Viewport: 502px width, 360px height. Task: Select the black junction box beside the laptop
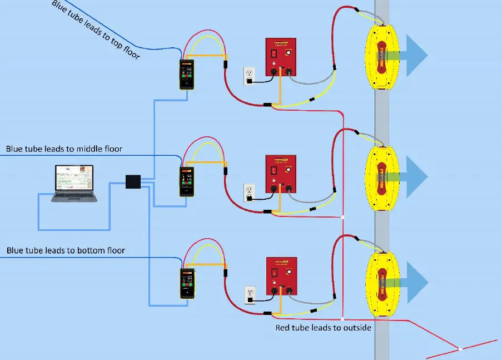(x=133, y=183)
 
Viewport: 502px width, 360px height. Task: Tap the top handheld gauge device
(x=186, y=75)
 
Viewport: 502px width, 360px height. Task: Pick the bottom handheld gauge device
(x=187, y=283)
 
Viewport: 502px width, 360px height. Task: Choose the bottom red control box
(x=282, y=277)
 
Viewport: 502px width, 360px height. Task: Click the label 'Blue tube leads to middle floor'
(x=64, y=149)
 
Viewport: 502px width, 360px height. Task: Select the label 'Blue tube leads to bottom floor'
(x=66, y=250)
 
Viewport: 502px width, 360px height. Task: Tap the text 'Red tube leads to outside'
(x=323, y=328)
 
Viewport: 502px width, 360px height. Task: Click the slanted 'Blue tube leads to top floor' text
(x=96, y=29)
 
